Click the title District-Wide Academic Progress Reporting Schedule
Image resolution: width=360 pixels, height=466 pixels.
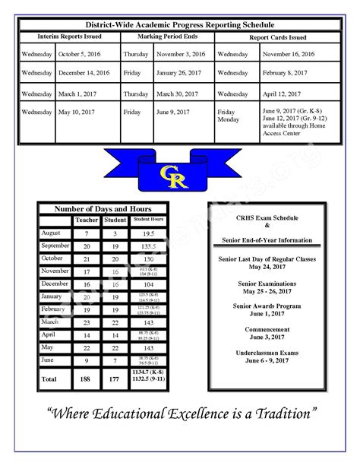[179, 25]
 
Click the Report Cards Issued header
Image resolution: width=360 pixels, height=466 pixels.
[277, 36]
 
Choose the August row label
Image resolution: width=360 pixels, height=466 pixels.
[51, 233]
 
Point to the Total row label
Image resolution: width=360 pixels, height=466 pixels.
[49, 378]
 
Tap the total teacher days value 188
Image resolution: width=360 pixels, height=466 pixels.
[87, 378]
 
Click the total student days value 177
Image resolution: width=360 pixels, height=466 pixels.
[114, 378]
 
